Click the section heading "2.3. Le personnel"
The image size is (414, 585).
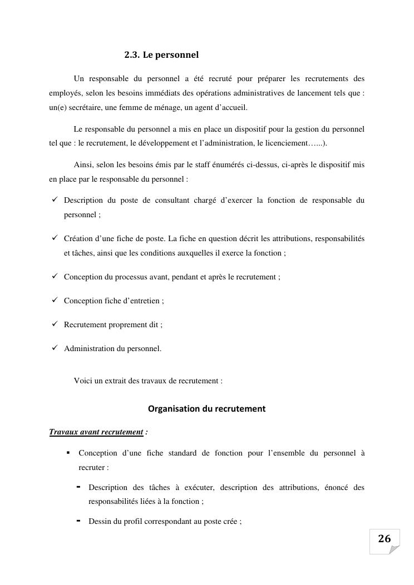[x=161, y=55]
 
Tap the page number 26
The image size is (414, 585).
[x=385, y=538]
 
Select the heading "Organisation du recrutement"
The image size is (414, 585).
[x=206, y=409]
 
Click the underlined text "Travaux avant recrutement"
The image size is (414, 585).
[x=96, y=432]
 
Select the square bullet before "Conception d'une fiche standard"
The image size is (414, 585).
[x=68, y=453]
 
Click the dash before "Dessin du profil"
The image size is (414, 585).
[x=78, y=521]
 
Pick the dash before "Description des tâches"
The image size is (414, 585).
[x=78, y=487]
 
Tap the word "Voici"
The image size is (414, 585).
[x=82, y=381]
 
